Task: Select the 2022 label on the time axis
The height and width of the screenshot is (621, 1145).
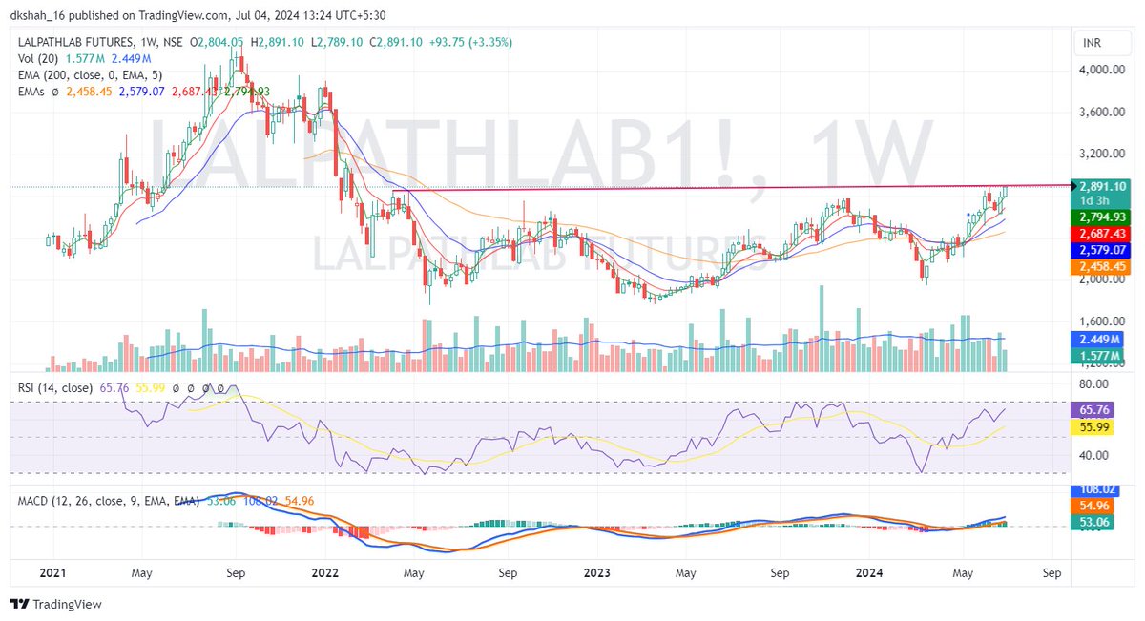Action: coord(325,573)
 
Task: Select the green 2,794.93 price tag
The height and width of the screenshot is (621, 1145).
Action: coord(1101,217)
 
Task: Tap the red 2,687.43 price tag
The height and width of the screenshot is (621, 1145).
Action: coord(1101,234)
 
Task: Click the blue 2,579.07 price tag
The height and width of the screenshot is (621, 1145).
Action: coord(1101,250)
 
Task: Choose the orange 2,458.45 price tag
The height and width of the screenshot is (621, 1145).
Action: coord(1101,267)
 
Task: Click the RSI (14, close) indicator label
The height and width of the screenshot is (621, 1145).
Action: coord(56,388)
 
